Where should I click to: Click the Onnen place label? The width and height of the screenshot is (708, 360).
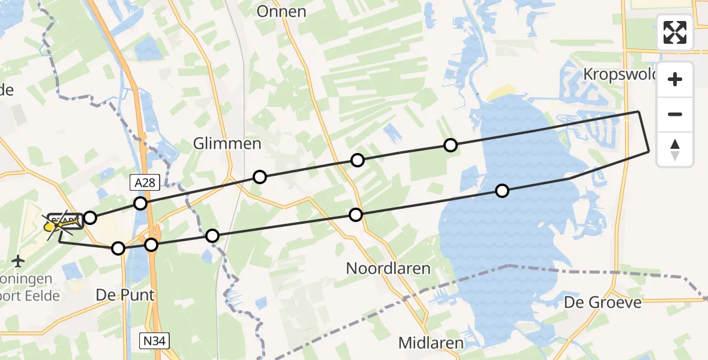pyautogui.click(x=281, y=11)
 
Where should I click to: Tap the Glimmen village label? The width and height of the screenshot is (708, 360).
pyautogui.click(x=227, y=144)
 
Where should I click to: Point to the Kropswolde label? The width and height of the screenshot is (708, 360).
pyautogui.click(x=620, y=74)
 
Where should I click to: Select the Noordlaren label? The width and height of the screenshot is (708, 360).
pyautogui.click(x=388, y=268)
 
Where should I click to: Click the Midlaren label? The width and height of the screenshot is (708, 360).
pyautogui.click(x=431, y=343)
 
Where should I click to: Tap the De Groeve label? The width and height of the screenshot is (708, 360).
pyautogui.click(x=602, y=302)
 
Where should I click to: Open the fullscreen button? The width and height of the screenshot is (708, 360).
pyautogui.click(x=675, y=32)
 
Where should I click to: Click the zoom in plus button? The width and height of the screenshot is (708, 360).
pyautogui.click(x=675, y=79)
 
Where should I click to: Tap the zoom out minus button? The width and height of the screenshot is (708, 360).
pyautogui.click(x=675, y=114)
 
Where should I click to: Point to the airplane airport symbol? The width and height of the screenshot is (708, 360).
pyautogui.click(x=19, y=262)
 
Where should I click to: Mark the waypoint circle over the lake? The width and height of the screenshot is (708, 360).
pyautogui.click(x=502, y=191)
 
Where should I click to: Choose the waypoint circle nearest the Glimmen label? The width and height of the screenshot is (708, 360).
pyautogui.click(x=259, y=176)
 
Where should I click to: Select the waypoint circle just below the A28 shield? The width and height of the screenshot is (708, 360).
pyautogui.click(x=140, y=203)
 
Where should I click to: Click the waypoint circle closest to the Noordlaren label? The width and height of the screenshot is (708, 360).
pyautogui.click(x=356, y=215)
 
